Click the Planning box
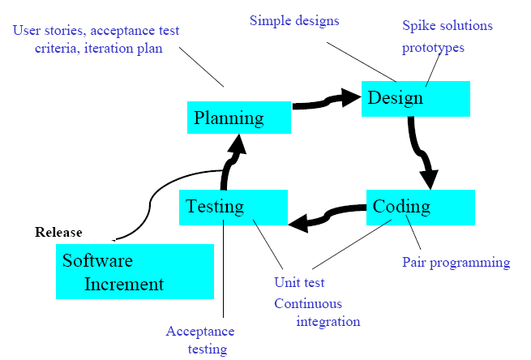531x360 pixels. coord(238,118)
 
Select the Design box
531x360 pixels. coord(416,99)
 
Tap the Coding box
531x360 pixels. coord(420,208)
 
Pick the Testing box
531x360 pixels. coord(233,208)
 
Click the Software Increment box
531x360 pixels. coord(135,272)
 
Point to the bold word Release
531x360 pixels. coord(58,233)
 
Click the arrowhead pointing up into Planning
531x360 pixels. coord(238,146)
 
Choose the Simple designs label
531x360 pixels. coord(294,20)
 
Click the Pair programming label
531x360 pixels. coord(456,263)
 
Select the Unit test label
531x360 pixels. coord(299,282)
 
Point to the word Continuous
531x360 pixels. coord(308,303)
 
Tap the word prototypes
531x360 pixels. coord(433,48)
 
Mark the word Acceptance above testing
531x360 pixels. coord(199,332)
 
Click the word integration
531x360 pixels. coord(328,322)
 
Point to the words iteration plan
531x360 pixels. coord(123,49)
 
